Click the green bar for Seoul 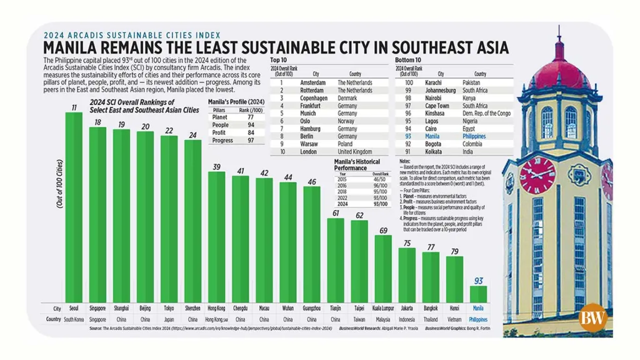coord(74,206)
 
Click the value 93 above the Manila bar coord(478,281)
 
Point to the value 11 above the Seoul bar coord(74,108)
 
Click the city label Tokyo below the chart coord(169,309)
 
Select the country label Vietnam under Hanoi coord(454,319)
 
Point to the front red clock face coord(536,175)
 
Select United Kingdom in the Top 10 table coord(355,151)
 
